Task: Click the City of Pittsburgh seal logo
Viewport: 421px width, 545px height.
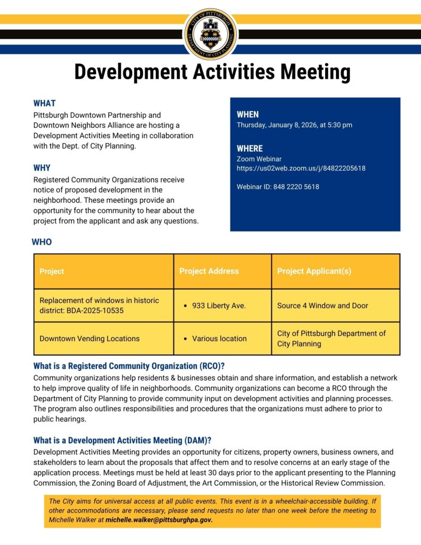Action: (x=210, y=33)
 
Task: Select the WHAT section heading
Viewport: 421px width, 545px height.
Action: (x=44, y=103)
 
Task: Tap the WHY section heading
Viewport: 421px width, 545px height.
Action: (x=42, y=168)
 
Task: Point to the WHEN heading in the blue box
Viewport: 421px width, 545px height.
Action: (x=247, y=114)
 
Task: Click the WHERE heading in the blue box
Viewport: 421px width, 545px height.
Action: (x=250, y=148)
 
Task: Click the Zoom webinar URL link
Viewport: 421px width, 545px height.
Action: (x=301, y=168)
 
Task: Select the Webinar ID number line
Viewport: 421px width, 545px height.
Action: (x=278, y=187)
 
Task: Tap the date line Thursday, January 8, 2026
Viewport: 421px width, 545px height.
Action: (x=294, y=125)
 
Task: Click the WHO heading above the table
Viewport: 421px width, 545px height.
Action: (x=42, y=242)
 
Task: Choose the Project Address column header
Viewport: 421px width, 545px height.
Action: (x=209, y=271)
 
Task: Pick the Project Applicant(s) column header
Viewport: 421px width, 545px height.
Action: (x=314, y=271)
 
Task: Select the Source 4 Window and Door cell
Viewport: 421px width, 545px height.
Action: (x=323, y=305)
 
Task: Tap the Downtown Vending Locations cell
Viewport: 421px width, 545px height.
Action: (x=89, y=338)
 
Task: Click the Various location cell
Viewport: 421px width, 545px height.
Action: (x=219, y=338)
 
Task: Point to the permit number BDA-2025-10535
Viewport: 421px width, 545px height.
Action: (x=95, y=310)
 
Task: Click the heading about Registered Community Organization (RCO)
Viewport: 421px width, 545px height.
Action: (x=129, y=366)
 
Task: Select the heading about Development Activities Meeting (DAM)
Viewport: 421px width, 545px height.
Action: (x=122, y=440)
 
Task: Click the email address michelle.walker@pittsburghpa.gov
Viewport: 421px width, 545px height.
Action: (x=159, y=520)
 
